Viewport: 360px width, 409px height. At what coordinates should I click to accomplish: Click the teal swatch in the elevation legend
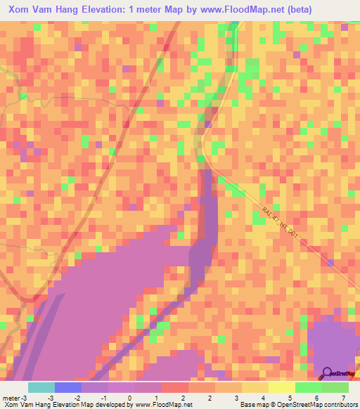[41, 387]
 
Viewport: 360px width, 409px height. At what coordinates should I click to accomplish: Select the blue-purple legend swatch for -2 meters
[68, 387]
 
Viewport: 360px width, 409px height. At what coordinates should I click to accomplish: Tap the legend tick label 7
[343, 397]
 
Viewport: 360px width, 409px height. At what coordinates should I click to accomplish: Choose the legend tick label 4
[236, 397]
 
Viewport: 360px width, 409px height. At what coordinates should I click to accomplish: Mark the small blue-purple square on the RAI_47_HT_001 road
[330, 263]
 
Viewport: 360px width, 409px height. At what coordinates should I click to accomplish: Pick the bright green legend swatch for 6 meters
[308, 387]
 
